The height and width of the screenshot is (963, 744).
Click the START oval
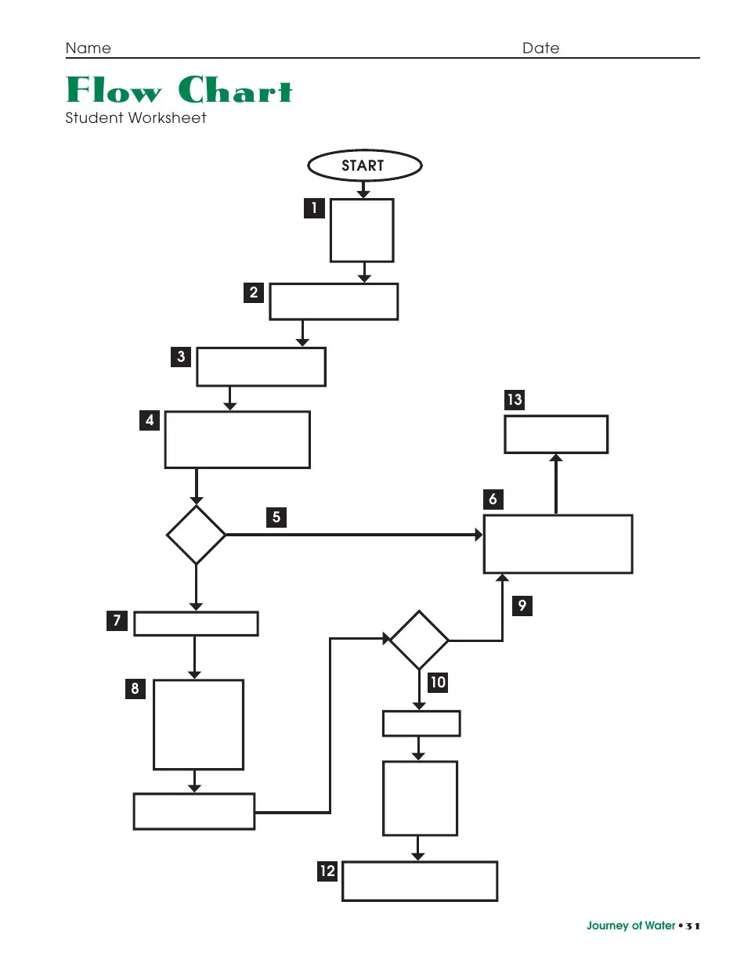(364, 165)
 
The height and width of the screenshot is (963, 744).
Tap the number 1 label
(314, 208)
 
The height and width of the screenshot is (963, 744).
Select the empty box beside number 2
(334, 301)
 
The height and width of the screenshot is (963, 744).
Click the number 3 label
(181, 357)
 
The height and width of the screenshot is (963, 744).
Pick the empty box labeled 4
(237, 439)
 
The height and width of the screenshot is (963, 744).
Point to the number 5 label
(276, 517)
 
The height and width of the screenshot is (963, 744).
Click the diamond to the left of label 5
(196, 535)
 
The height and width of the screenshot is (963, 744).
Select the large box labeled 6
(558, 544)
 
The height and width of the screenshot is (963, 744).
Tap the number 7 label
(117, 621)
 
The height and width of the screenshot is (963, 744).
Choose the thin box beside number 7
(196, 624)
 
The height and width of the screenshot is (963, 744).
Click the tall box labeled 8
(198, 724)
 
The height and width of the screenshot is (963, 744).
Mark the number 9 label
(522, 605)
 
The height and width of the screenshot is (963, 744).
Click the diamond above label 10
(419, 640)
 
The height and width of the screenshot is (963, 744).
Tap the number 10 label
(438, 682)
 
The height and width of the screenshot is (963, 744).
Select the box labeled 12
(420, 882)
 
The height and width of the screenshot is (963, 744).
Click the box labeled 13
(555, 435)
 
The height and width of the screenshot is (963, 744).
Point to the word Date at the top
(540, 49)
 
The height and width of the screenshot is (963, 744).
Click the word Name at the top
(88, 49)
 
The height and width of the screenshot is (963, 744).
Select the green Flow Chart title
(179, 91)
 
